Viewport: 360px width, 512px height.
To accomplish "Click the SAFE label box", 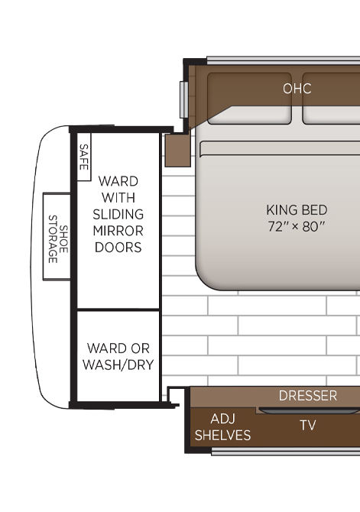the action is click(x=84, y=157).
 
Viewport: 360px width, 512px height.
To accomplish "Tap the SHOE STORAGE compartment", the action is click(x=57, y=236).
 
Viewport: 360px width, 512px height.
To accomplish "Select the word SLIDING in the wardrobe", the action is click(x=118, y=214).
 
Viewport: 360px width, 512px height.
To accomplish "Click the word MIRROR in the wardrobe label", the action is click(x=118, y=231).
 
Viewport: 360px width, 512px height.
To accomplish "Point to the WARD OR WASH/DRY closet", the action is click(x=118, y=356).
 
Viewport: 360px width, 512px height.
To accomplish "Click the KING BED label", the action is click(x=297, y=210).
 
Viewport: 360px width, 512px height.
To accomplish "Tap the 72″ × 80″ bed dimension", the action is click(x=297, y=226).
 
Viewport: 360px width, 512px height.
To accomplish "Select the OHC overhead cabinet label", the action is click(x=297, y=89).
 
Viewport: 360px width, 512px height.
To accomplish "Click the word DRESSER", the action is click(x=308, y=396).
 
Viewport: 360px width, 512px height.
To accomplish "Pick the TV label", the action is click(x=308, y=425).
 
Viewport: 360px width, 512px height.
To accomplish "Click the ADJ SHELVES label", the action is click(x=222, y=426).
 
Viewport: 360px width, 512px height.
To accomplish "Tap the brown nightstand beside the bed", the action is click(x=177, y=151).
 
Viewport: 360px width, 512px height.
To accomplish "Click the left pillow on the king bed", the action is click(x=249, y=99).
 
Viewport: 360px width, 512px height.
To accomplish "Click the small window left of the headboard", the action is click(x=184, y=99).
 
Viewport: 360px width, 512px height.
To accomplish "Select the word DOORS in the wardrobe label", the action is click(x=118, y=248).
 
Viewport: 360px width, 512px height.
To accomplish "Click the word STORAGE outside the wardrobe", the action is click(x=53, y=239).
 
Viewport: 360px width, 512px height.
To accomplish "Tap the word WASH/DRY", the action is click(x=118, y=365).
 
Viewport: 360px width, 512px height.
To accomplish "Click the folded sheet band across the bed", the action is click(x=280, y=148).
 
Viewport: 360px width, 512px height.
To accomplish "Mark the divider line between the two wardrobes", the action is click(x=118, y=309).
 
